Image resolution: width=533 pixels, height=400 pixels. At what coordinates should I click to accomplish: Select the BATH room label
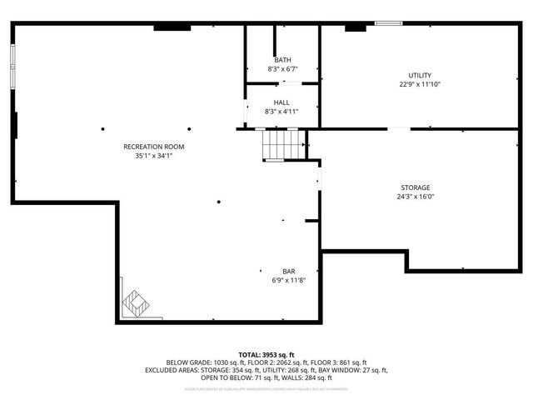[x=282, y=60]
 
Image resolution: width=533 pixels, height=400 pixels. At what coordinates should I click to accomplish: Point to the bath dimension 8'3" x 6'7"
[x=282, y=69]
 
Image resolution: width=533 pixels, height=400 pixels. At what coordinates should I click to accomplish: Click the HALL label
[x=281, y=102]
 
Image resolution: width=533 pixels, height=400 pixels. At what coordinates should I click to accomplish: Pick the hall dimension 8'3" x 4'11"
[x=281, y=112]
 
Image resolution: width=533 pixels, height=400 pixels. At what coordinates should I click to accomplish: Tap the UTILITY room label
[x=420, y=75]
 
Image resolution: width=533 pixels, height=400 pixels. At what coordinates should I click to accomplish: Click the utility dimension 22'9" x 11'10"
[x=420, y=84]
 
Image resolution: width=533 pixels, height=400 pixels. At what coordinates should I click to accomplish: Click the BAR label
[x=289, y=272]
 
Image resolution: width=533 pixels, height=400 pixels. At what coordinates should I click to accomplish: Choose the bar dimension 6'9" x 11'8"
[x=289, y=281]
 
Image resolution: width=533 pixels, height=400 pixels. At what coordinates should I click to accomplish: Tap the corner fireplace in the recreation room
[x=134, y=302]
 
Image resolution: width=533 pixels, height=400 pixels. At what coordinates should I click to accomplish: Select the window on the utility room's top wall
[x=388, y=23]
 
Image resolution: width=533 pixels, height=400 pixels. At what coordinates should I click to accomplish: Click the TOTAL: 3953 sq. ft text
[x=266, y=355]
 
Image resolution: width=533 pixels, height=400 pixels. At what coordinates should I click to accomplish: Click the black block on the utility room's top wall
[x=356, y=27]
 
